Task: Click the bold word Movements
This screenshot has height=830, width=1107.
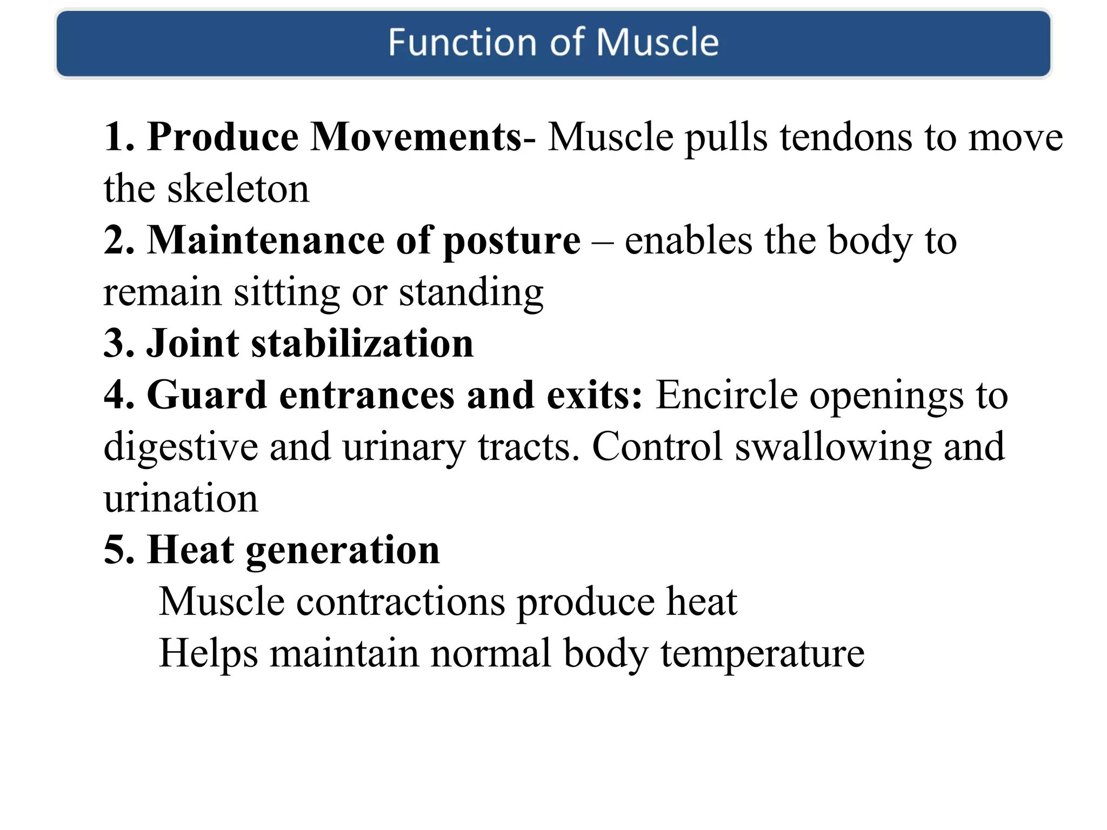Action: point(416,137)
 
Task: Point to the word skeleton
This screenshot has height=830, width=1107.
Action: point(238,189)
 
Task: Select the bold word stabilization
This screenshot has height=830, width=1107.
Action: point(362,344)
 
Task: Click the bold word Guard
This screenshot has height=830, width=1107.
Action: point(206,395)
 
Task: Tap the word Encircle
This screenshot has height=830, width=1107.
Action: point(726,395)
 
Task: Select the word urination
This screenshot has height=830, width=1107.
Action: point(181,498)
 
